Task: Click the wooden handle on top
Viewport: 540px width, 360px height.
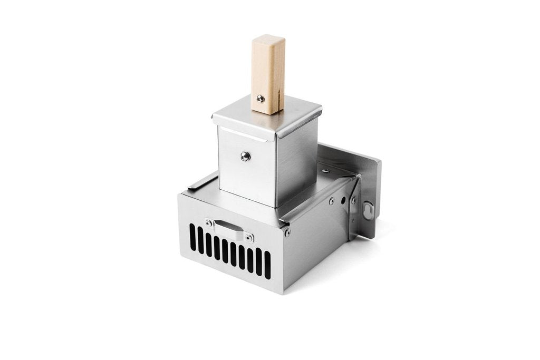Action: (x=268, y=74)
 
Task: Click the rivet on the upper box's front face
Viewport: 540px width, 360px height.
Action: (x=245, y=155)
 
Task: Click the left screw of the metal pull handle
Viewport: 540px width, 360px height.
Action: (x=209, y=223)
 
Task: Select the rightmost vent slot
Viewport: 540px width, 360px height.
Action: (x=267, y=265)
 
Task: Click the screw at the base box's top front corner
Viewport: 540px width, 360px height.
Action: (x=287, y=232)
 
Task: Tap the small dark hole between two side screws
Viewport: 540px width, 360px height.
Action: (x=343, y=200)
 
